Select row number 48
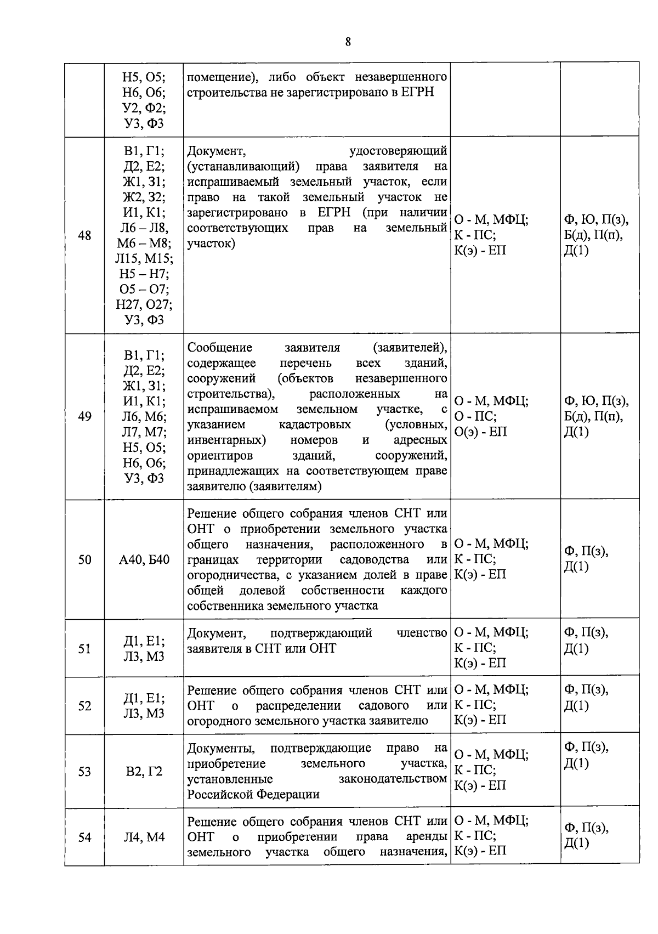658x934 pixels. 84,236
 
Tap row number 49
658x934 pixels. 84,416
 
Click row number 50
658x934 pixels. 84,560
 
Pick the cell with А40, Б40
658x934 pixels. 144,560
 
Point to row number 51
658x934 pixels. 84,649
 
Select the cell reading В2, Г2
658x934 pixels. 144,772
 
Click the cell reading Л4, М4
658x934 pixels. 144,837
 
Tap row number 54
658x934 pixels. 84,837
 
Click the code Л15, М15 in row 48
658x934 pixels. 144,259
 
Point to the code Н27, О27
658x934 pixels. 144,305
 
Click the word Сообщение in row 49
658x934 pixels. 220,348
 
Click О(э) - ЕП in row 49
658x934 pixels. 481,432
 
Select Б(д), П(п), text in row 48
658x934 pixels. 593,236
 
